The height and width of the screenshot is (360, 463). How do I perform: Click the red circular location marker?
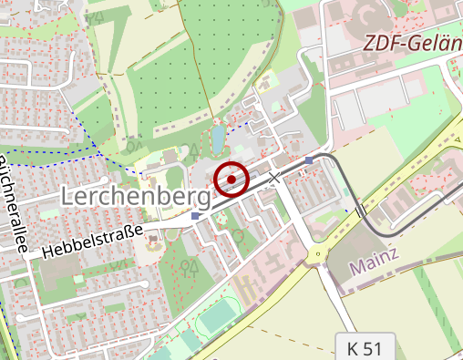231,179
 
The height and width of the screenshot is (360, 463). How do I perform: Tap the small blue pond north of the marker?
218,139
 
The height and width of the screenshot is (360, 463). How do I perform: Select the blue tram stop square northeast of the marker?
309,160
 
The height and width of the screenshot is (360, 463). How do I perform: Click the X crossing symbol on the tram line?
273,177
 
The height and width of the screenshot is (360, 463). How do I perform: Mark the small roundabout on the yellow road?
317,252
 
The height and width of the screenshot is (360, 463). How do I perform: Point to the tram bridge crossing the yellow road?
361,211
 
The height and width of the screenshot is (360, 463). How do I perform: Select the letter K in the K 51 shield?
353,347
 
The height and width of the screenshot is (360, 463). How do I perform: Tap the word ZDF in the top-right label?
381,43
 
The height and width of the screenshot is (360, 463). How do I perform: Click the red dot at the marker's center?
231,179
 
